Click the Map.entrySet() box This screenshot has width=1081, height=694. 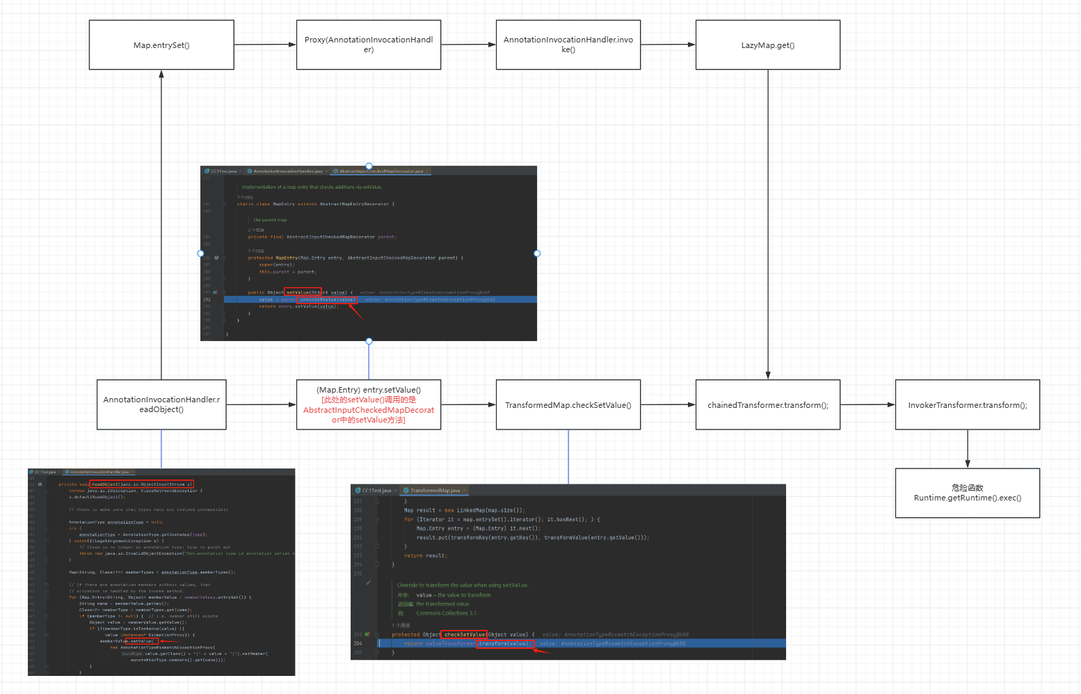[161, 45]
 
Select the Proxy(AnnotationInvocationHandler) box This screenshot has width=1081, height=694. [369, 45]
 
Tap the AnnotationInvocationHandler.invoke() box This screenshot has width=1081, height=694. [568, 45]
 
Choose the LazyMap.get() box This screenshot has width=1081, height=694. [768, 45]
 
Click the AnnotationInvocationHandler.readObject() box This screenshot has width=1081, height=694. [161, 404]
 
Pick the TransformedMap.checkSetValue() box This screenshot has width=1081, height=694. [568, 405]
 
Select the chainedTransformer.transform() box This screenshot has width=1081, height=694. [768, 405]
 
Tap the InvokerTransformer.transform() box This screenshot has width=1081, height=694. [968, 405]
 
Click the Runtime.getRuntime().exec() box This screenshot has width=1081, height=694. [968, 493]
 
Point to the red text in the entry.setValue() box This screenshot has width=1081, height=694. [369, 410]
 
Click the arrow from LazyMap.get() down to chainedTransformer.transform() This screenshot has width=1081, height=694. [768, 223]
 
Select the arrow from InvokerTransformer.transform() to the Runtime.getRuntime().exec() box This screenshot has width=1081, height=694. [968, 449]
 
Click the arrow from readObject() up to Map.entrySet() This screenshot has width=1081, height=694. [161, 223]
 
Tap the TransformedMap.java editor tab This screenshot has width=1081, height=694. [435, 491]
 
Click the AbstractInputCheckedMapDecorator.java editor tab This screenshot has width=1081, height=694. [381, 171]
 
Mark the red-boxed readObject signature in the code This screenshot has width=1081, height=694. [142, 484]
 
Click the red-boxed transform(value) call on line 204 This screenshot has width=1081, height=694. [504, 644]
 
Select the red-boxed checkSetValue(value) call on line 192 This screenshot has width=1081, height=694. [327, 300]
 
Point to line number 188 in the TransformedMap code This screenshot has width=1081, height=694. [358, 510]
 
